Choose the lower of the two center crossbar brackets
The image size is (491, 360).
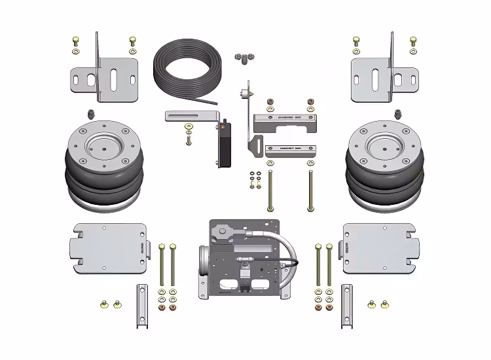(x=291, y=149)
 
